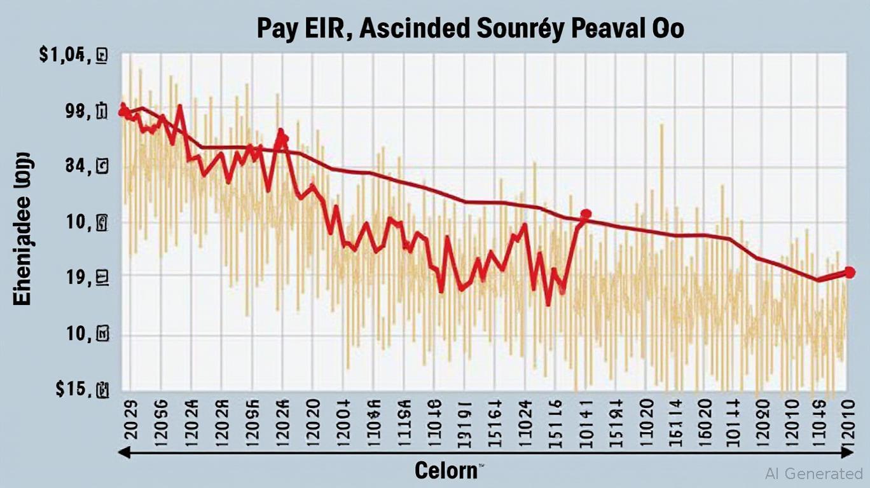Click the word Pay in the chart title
[277, 30]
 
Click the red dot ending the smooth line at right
[849, 273]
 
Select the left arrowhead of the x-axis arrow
[125, 452]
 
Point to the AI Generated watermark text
[815, 473]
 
